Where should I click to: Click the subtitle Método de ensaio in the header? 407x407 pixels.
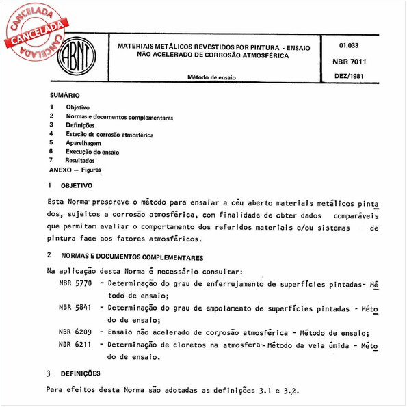pos(211,78)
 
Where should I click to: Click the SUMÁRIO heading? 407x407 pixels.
pos(65,96)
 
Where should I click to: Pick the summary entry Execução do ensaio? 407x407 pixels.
pos(92,151)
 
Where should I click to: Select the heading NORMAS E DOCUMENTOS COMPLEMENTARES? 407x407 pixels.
pos(131,258)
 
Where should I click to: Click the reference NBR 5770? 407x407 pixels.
pos(71,283)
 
